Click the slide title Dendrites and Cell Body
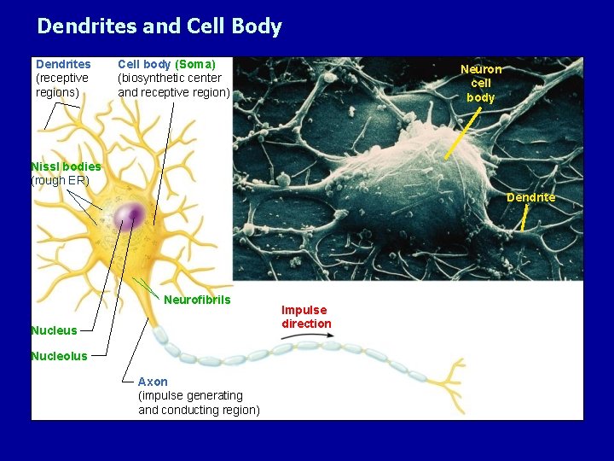(159, 26)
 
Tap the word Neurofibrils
(197, 300)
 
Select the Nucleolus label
(59, 356)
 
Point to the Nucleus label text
(54, 330)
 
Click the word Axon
(153, 382)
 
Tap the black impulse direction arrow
(298, 339)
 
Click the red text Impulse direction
(306, 317)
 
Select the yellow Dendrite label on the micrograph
(530, 197)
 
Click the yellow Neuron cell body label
(481, 84)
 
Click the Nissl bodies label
(66, 166)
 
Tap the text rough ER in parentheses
(60, 180)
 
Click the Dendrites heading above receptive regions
(63, 64)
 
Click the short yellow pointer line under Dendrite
(525, 219)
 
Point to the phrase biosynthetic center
(169, 79)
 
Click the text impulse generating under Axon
(190, 395)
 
